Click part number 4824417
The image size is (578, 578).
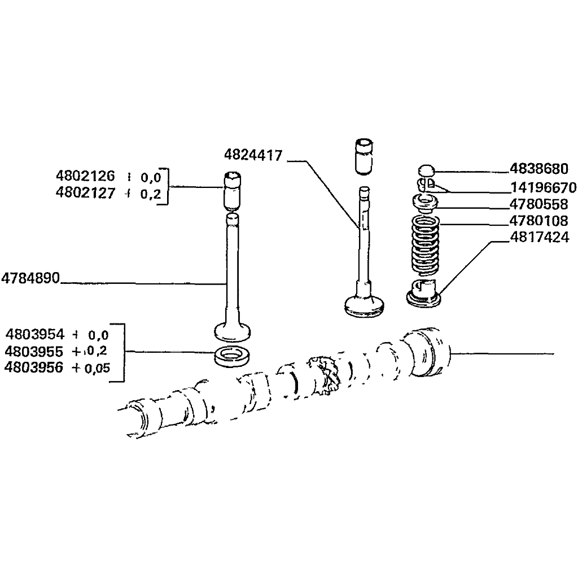pyautogui.click(x=253, y=155)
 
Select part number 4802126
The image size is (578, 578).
pyautogui.click(x=85, y=176)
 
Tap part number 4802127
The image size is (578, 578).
pyautogui.click(x=85, y=193)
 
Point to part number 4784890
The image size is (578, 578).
pyautogui.click(x=30, y=278)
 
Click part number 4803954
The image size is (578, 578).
pyautogui.click(x=34, y=334)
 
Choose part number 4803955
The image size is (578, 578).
pyautogui.click(x=34, y=351)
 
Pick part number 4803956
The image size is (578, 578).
pyautogui.click(x=34, y=367)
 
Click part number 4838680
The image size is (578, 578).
pyautogui.click(x=539, y=168)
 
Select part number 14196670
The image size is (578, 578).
pyautogui.click(x=544, y=187)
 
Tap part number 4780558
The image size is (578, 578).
pyautogui.click(x=538, y=204)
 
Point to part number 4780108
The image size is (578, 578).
pyautogui.click(x=538, y=221)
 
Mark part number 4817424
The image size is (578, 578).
pyautogui.click(x=540, y=237)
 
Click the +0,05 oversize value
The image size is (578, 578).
pyautogui.click(x=91, y=368)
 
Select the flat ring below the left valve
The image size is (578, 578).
pyautogui.click(x=232, y=356)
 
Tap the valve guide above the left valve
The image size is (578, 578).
pyautogui.click(x=232, y=191)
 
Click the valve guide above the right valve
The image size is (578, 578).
pyautogui.click(x=364, y=157)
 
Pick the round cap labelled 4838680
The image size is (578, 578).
pyautogui.click(x=427, y=171)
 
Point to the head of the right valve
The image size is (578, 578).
pyautogui.click(x=364, y=306)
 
